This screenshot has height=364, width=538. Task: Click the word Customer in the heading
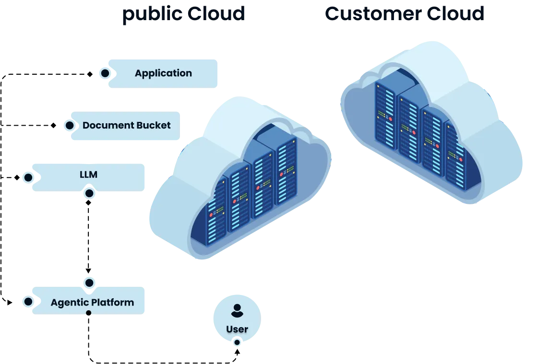click(373, 14)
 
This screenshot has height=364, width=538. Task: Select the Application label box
click(163, 73)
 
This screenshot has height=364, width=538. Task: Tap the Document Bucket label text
click(126, 126)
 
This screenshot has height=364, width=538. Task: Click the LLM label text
click(88, 175)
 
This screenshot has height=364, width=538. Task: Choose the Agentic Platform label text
click(92, 302)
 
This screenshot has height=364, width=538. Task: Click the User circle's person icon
click(237, 311)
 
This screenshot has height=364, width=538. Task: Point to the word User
click(237, 329)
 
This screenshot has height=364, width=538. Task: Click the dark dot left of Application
click(105, 73)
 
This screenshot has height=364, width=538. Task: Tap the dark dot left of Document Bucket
click(69, 126)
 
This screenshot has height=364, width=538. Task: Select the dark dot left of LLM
click(28, 177)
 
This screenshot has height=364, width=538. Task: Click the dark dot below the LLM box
click(89, 194)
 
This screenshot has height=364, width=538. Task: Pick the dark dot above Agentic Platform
click(89, 283)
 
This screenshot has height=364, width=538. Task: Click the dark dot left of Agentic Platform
click(28, 302)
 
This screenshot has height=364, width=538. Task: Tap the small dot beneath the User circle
click(237, 342)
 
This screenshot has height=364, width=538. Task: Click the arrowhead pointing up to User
click(237, 352)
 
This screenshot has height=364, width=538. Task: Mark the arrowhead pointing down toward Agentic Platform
click(88, 271)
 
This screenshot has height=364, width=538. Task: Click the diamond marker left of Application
click(90, 74)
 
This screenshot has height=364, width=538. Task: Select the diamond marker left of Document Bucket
click(54, 126)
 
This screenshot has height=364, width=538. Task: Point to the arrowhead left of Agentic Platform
click(10, 303)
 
